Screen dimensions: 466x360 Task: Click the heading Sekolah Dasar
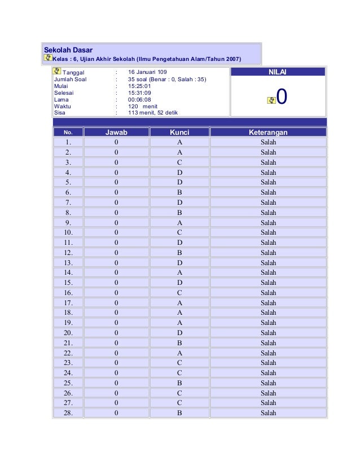[x=68, y=50]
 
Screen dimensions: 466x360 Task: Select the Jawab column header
[x=116, y=132]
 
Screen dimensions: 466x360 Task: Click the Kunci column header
[x=179, y=132]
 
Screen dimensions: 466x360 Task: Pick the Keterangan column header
[x=268, y=132]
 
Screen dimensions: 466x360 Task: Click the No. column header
[x=68, y=132]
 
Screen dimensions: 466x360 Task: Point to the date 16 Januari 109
[x=147, y=72]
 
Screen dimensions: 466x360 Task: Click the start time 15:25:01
[x=139, y=86]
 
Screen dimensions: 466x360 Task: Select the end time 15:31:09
[x=139, y=93]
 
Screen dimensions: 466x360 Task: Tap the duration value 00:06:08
[x=139, y=99]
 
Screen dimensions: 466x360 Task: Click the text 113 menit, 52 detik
[x=153, y=113]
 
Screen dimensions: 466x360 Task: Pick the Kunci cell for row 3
[x=179, y=162]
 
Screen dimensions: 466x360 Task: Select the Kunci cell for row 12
[x=179, y=252]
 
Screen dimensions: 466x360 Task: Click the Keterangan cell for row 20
[x=268, y=333]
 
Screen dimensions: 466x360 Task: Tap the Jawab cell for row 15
[x=116, y=283]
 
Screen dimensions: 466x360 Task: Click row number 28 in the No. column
[x=68, y=413]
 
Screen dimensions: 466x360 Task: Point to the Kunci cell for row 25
[x=179, y=383]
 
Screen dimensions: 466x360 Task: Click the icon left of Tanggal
[x=56, y=72]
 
